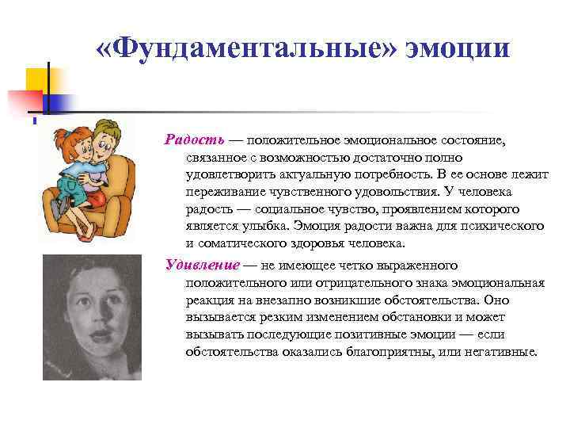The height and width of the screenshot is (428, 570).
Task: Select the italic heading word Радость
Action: coord(195,139)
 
